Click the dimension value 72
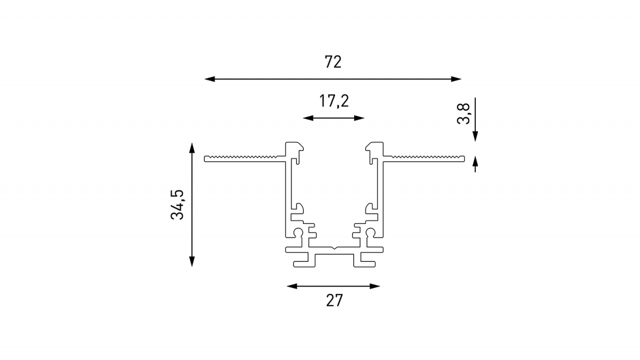333,62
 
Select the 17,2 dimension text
334,101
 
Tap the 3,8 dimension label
463,114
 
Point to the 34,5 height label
177,204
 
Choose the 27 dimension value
334,301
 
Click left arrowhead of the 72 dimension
210,79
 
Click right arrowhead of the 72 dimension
457,79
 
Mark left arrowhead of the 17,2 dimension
308,118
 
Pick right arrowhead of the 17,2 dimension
359,118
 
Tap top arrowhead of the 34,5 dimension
192,148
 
